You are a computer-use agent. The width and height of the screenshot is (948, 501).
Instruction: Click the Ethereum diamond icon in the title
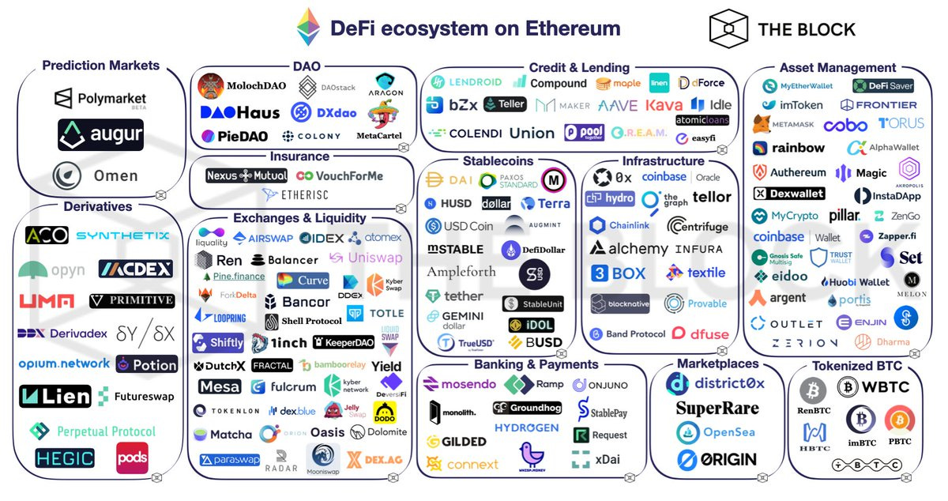point(309,28)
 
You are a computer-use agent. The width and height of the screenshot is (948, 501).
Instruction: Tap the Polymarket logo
point(101,99)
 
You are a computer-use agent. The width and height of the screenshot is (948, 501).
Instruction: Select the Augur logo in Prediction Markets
point(100,135)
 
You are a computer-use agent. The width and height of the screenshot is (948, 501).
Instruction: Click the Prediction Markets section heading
point(100,66)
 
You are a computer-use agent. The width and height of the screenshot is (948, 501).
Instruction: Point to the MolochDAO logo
point(235,85)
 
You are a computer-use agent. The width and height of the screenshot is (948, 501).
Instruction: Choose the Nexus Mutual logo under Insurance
point(246,175)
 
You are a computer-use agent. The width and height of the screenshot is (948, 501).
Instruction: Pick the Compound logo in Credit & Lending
point(549,83)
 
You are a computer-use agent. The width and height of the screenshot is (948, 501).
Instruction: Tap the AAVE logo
point(618,105)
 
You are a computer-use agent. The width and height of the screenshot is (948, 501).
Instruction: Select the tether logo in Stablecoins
point(455,296)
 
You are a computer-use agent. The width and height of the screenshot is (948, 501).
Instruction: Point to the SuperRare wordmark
point(717,409)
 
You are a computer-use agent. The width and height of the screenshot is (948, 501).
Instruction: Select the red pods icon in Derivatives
point(132,458)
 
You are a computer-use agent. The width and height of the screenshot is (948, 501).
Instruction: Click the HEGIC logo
point(65,458)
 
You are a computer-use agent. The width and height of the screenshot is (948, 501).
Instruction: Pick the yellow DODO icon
point(384,412)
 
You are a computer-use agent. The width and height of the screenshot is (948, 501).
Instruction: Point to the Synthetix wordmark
point(122,235)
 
